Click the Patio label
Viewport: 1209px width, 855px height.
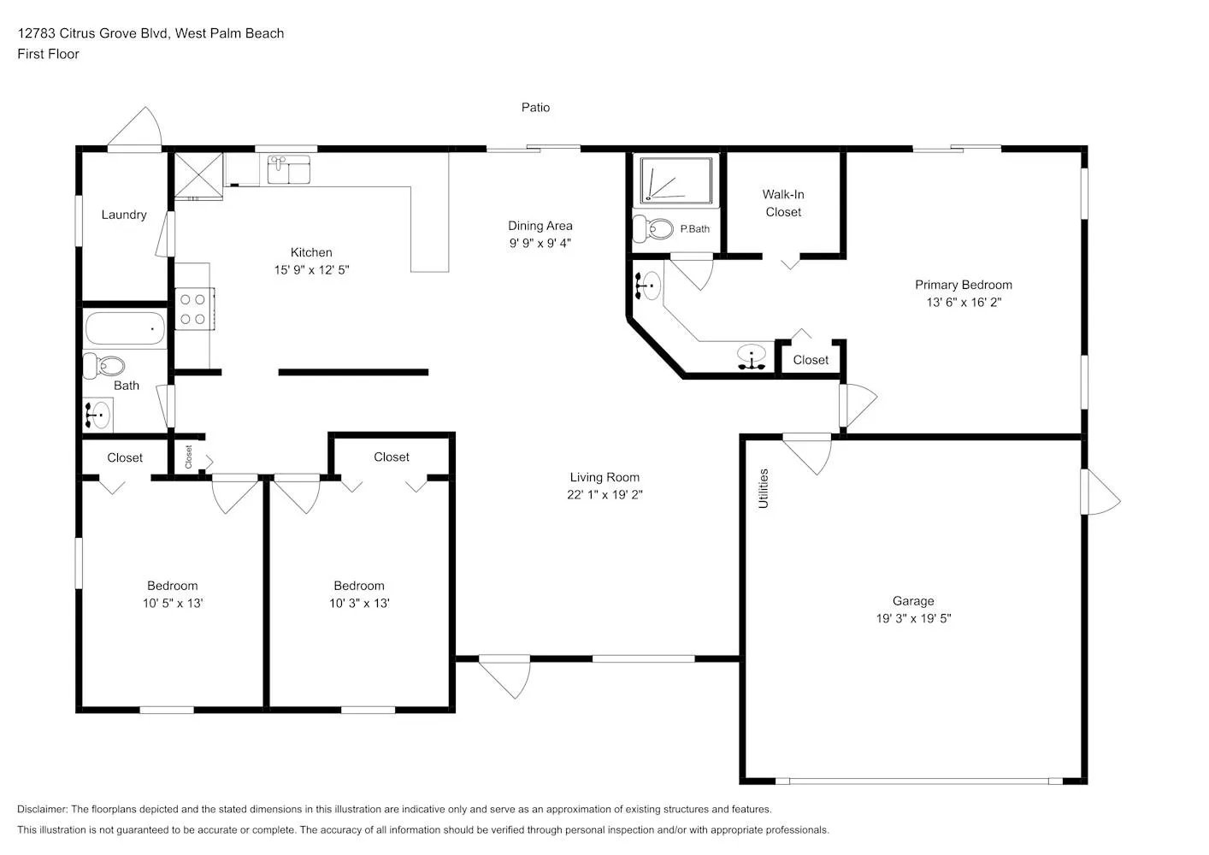pos(535,108)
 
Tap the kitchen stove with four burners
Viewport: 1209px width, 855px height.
pos(194,309)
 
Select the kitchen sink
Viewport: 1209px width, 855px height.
pos(289,169)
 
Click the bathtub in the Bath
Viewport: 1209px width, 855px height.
pos(125,327)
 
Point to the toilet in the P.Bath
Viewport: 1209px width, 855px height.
pos(653,229)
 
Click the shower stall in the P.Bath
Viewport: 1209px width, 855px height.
pos(675,180)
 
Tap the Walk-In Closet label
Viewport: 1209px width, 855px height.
pos(783,203)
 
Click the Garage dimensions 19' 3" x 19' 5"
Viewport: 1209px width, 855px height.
pos(913,618)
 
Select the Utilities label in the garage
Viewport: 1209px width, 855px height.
pos(764,488)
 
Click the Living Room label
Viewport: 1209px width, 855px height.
pos(604,477)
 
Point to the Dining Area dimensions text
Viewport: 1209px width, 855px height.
pos(540,243)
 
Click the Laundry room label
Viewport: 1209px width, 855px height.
pos(124,215)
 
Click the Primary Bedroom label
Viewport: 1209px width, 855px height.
pos(964,285)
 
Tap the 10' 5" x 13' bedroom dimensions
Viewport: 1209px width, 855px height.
pos(173,603)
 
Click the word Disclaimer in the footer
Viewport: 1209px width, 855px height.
pos(42,809)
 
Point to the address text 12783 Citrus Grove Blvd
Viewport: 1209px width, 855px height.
pos(93,33)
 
